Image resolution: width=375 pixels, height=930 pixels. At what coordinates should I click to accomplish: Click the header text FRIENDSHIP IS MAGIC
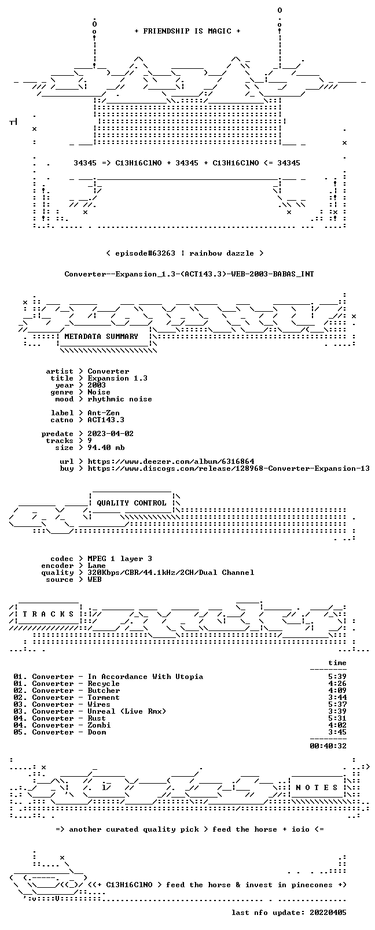[187, 31]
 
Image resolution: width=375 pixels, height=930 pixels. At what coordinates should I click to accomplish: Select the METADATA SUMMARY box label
[101, 336]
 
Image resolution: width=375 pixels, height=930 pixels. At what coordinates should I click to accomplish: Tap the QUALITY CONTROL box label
[131, 503]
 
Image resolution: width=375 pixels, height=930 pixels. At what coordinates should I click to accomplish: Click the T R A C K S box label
[48, 614]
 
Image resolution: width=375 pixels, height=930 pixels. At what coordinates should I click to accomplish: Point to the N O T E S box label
[317, 788]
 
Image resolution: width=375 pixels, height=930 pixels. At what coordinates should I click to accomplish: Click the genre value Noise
[99, 392]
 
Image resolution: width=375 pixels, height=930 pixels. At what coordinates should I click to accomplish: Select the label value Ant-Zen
[104, 413]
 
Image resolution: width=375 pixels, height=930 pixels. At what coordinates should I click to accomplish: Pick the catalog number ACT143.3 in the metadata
[106, 420]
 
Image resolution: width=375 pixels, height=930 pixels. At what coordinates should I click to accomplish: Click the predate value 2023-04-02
[111, 434]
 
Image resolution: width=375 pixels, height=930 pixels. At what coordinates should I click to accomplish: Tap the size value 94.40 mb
[106, 448]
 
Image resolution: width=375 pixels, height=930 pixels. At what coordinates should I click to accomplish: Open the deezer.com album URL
[171, 462]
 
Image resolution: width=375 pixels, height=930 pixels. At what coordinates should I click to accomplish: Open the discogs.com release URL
[229, 468]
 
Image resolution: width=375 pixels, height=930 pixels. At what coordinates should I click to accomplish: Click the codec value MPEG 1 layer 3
[120, 559]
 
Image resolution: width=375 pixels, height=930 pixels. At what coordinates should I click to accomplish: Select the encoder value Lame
[96, 566]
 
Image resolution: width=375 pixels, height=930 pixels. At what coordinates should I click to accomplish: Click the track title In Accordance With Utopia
[145, 677]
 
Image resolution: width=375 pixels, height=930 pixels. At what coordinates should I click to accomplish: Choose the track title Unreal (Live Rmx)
[127, 711]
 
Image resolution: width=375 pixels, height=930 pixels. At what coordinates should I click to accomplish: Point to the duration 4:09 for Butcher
[337, 691]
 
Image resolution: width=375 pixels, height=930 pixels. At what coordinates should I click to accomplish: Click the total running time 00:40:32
[328, 746]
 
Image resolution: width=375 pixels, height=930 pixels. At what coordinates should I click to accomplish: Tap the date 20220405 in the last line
[328, 913]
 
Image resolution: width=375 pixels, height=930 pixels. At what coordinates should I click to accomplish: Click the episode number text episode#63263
[145, 253]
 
